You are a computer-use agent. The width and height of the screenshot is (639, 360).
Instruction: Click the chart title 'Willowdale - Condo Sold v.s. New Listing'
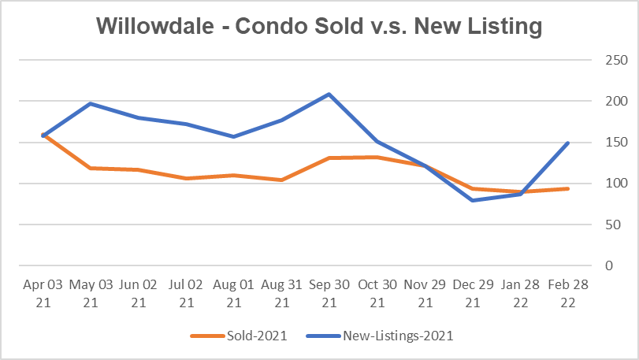(x=319, y=26)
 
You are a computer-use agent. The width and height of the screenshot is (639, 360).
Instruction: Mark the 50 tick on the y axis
(x=609, y=225)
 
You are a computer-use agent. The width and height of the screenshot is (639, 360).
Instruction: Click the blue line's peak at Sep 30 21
(x=329, y=95)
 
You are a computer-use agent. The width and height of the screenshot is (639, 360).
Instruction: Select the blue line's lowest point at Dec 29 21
(x=473, y=200)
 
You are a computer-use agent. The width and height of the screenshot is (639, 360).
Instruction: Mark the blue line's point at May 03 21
(x=91, y=103)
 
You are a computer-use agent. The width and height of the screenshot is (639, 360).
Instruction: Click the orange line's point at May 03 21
(x=91, y=168)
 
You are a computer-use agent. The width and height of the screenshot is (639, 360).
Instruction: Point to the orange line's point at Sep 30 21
(x=329, y=158)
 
